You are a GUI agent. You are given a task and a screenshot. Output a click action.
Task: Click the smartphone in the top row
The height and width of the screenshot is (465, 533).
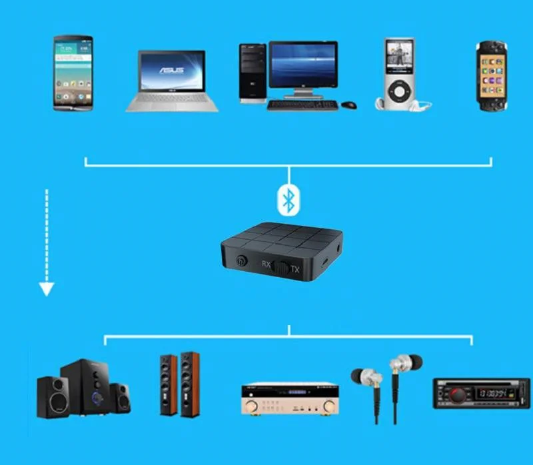73,73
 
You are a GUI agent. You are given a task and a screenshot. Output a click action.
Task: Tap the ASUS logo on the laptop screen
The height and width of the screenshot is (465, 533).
172,69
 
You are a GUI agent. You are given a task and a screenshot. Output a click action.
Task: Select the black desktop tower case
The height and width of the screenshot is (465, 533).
253,73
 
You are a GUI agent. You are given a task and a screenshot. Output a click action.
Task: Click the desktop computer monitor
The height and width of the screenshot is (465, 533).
303,67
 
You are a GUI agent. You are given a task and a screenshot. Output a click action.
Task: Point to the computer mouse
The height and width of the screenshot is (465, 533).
349,105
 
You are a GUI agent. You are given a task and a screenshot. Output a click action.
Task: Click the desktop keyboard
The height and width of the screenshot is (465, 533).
302,105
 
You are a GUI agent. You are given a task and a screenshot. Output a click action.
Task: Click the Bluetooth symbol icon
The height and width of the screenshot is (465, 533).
288,199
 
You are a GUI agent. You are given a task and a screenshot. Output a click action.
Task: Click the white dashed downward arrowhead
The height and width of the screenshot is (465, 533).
46,288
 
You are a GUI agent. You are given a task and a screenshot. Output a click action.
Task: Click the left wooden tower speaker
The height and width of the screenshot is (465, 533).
169,384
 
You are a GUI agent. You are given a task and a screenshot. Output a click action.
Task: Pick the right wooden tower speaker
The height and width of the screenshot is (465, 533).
190,384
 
